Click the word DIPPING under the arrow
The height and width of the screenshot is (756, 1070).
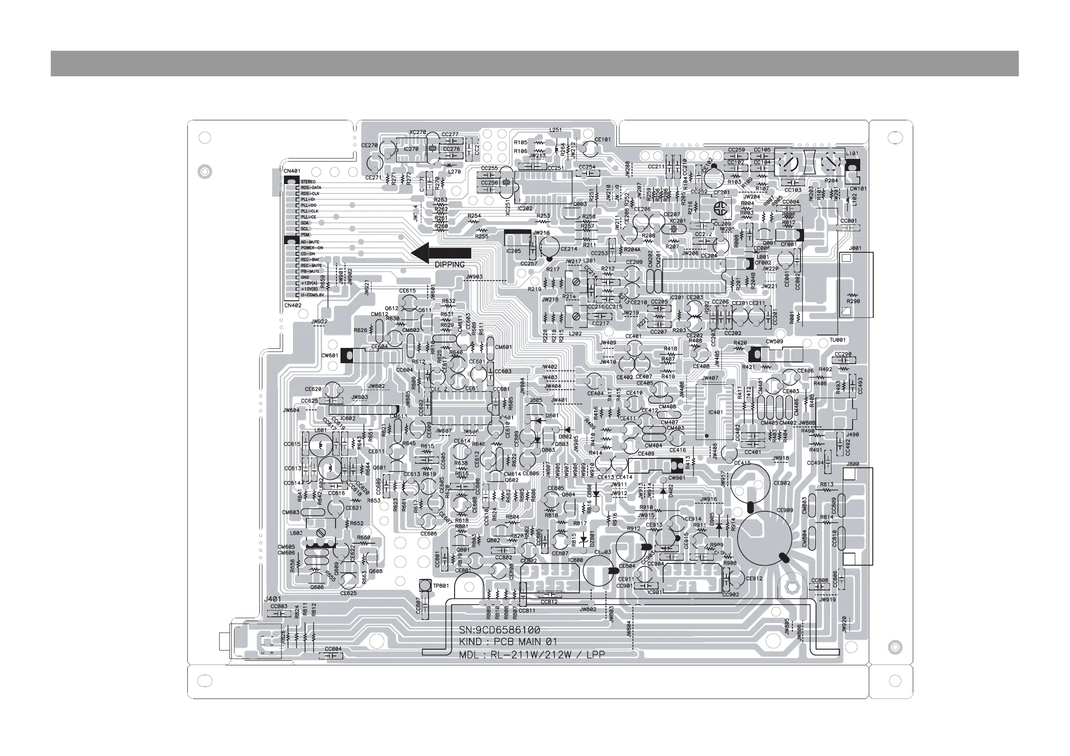450,264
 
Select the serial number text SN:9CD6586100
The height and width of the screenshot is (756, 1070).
500,630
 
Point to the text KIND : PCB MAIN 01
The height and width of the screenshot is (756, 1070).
508,642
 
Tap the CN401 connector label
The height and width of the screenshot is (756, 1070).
292,171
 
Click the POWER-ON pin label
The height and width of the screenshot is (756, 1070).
312,248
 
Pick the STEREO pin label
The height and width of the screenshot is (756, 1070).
308,182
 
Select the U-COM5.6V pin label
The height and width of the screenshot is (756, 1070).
312,295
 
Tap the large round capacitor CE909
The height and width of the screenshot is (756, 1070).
764,538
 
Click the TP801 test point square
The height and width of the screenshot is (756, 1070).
425,585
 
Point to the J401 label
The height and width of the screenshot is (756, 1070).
273,599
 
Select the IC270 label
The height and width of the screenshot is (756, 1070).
411,149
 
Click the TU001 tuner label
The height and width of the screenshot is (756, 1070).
837,340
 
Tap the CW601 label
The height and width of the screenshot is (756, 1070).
329,356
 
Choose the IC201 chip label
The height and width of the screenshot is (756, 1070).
676,297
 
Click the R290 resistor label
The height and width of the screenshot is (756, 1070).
853,301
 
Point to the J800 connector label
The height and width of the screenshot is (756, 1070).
853,464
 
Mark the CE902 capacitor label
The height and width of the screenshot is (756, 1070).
782,483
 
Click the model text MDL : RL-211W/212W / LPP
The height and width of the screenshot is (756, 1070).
532,655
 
